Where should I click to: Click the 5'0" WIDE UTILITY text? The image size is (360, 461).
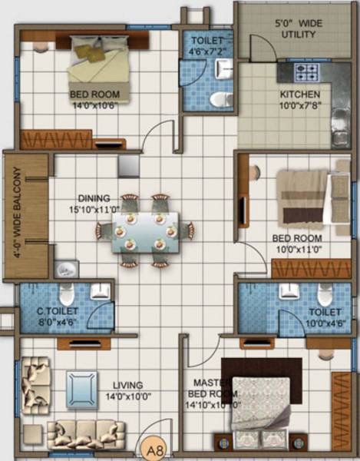coord(299,29)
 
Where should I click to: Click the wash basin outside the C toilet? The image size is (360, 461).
coord(67,268)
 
